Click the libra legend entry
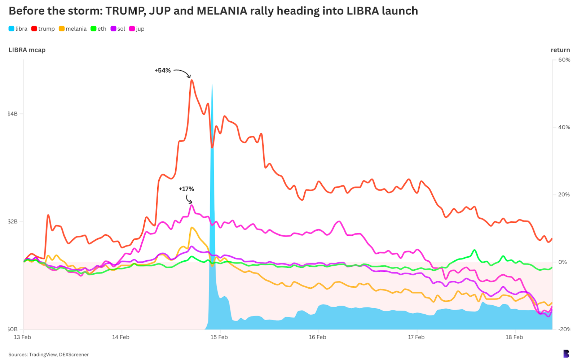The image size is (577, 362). click(x=18, y=29)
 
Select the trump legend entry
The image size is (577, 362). click(x=43, y=29)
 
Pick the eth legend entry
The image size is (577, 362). click(x=98, y=29)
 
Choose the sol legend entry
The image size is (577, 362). click(x=118, y=29)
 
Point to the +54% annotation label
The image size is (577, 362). click(x=163, y=70)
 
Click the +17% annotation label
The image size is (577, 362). click(x=186, y=189)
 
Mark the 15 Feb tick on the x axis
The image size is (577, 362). click(x=219, y=337)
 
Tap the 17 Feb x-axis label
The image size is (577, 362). click(x=416, y=337)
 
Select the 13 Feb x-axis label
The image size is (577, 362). click(x=22, y=337)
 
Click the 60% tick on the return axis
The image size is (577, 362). click(x=564, y=60)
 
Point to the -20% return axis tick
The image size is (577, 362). click(x=564, y=329)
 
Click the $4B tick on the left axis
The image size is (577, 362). click(x=13, y=114)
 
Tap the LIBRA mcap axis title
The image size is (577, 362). click(x=27, y=50)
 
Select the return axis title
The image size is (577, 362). click(x=560, y=50)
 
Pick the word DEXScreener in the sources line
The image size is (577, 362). click(x=74, y=354)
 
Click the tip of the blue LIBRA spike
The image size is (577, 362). click(x=212, y=85)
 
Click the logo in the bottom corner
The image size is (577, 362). click(x=566, y=353)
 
